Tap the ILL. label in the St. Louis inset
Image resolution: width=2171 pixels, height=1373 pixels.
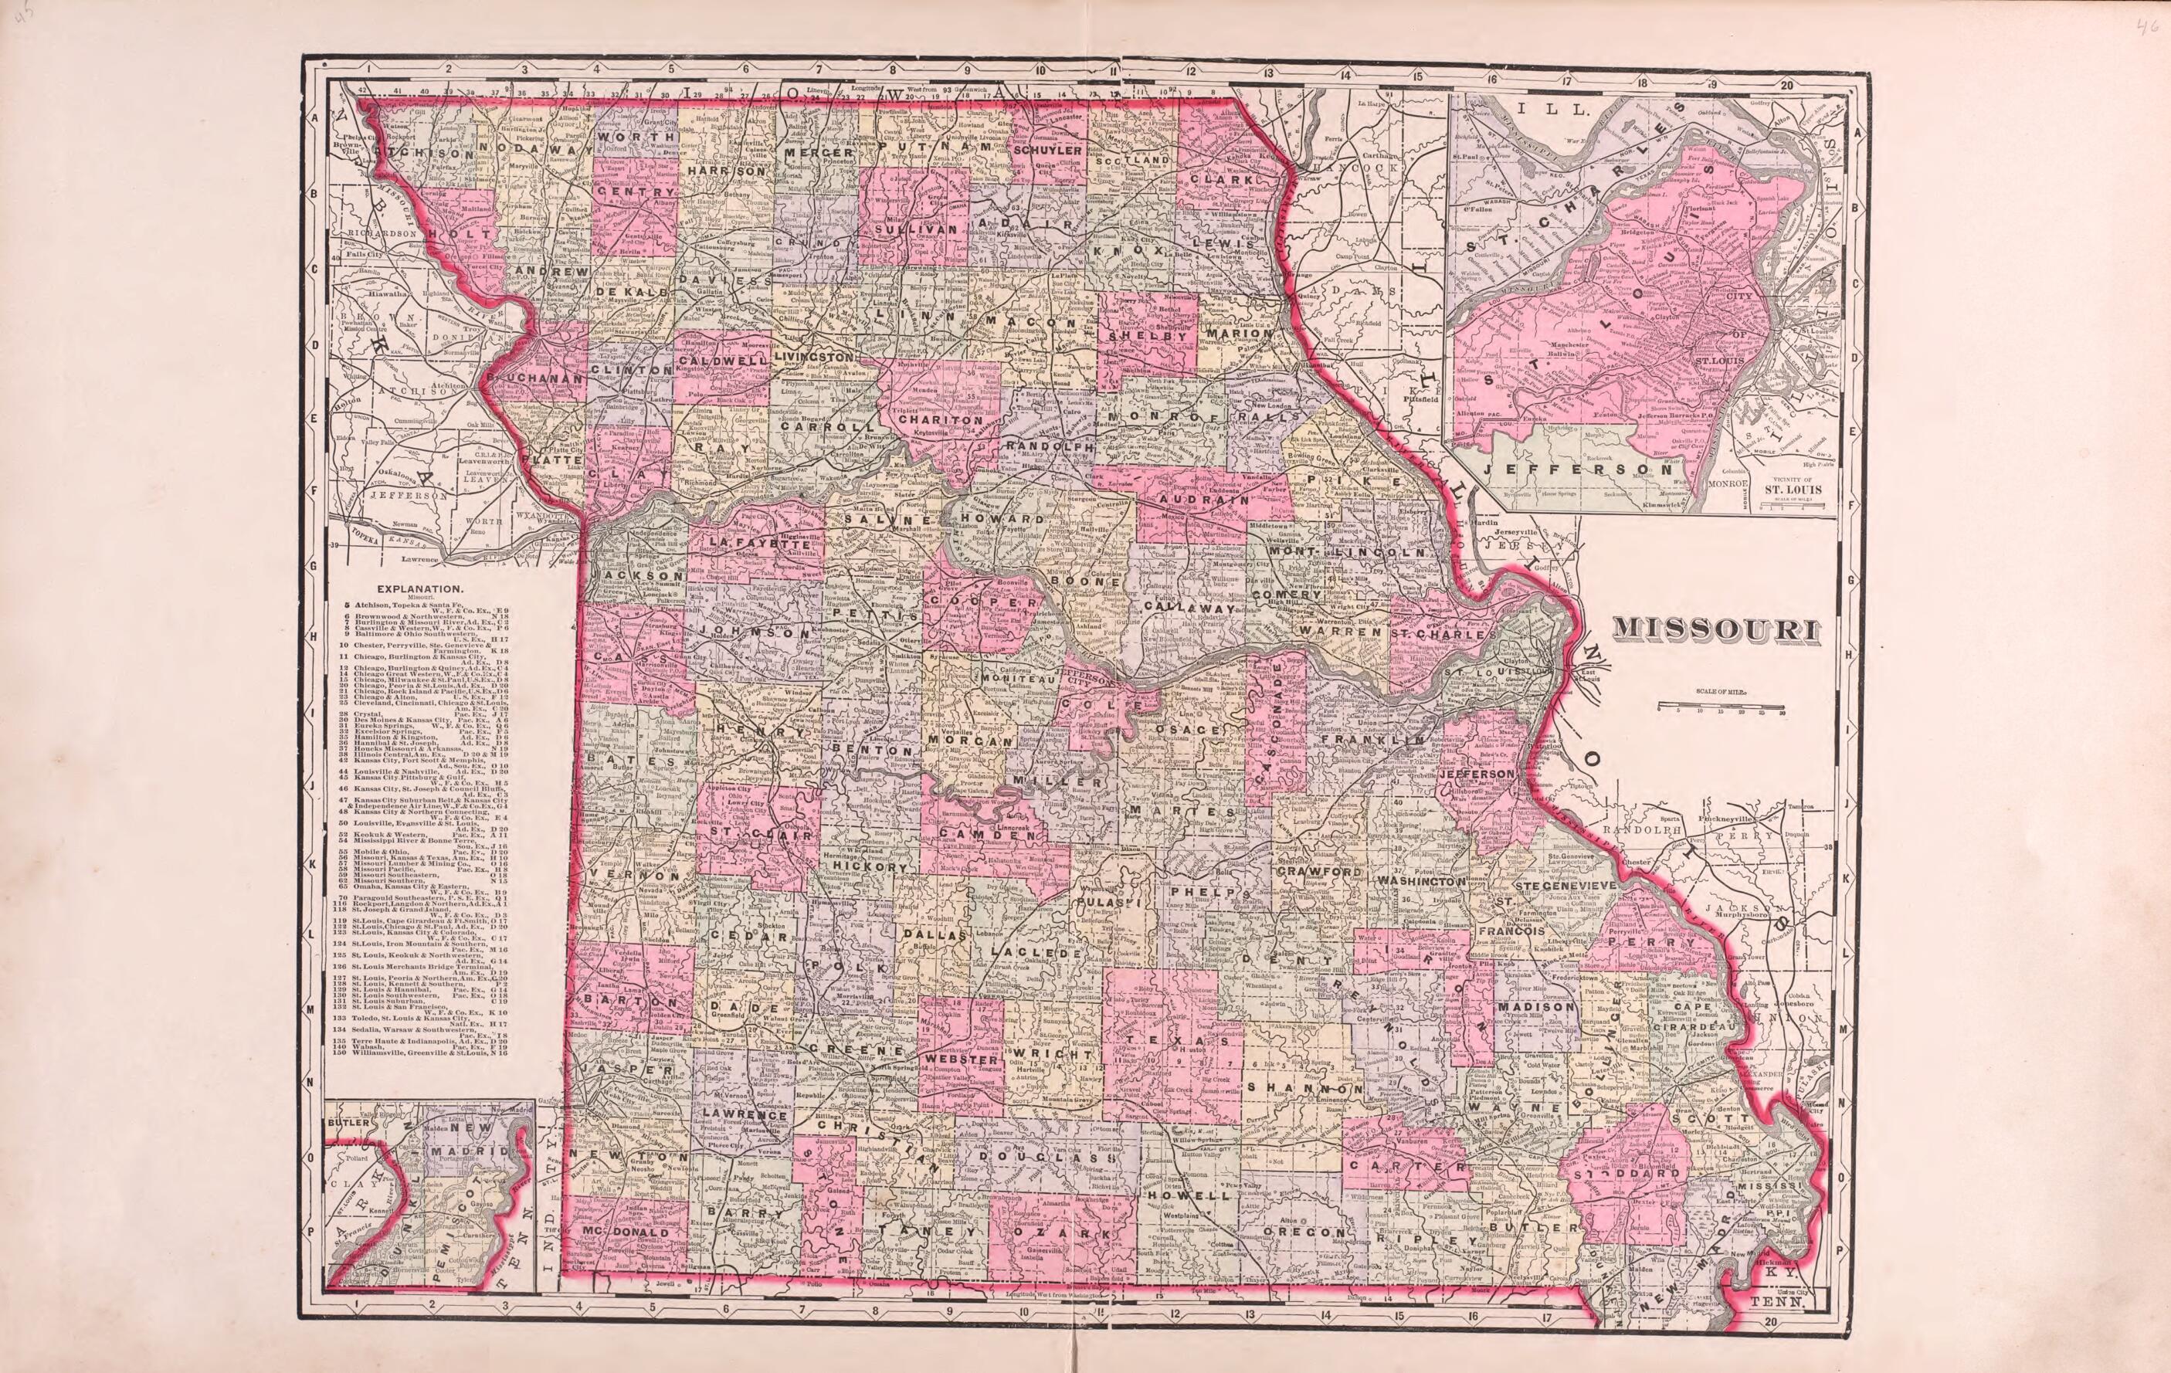point(1531,109)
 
